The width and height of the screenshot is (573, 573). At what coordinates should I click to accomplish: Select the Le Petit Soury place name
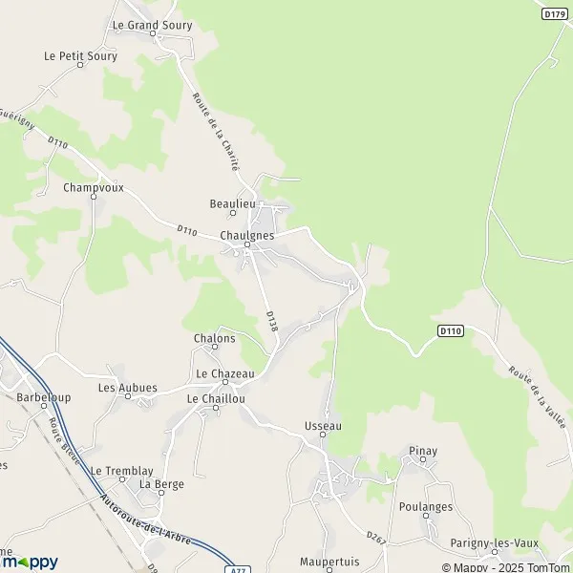coord(80,56)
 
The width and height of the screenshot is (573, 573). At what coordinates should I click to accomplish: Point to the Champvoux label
coord(94,187)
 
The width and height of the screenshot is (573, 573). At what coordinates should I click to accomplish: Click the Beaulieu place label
coord(232,203)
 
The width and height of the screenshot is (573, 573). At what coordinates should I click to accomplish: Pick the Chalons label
coord(214,338)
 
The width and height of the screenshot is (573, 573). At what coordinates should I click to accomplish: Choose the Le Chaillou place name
coord(216,398)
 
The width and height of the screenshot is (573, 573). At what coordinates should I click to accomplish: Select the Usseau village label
coord(323,425)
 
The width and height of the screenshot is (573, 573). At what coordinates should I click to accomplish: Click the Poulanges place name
coord(426,507)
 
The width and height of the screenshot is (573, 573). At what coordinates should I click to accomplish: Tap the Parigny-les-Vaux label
coord(494,543)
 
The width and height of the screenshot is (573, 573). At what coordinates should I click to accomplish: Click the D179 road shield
coord(553,13)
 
